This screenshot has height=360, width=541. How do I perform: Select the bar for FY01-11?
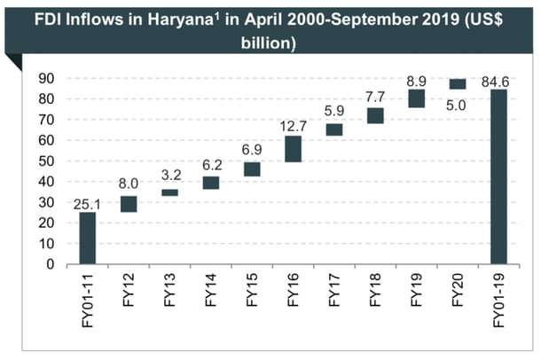coord(88,238)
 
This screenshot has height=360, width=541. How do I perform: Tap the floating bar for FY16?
coord(293,149)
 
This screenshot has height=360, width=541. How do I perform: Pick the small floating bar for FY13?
coord(169,192)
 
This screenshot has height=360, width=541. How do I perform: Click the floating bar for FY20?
coord(457,84)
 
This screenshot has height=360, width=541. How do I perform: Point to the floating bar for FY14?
coord(211,183)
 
